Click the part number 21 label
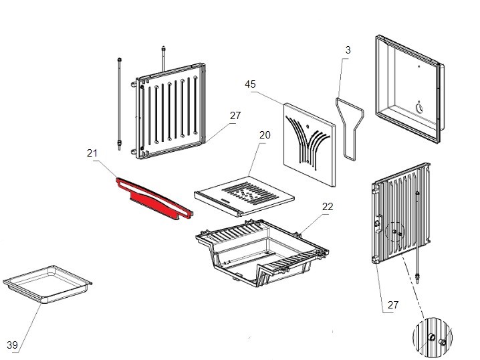tap(93, 153)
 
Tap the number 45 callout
tap(251, 84)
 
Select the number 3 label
tap(348, 50)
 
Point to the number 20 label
tap(265, 135)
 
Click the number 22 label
tap(327, 207)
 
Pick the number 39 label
tap(11, 345)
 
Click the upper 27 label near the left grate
tap(235, 115)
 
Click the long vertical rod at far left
tap(119, 100)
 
